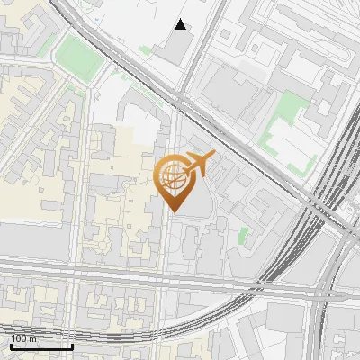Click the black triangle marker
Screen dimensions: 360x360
click(181, 24)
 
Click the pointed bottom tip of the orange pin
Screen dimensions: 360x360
click(175, 211)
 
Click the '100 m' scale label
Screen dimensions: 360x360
click(24, 338)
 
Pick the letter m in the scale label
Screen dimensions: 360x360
click(33, 339)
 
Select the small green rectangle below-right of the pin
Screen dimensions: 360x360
click(243, 236)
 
